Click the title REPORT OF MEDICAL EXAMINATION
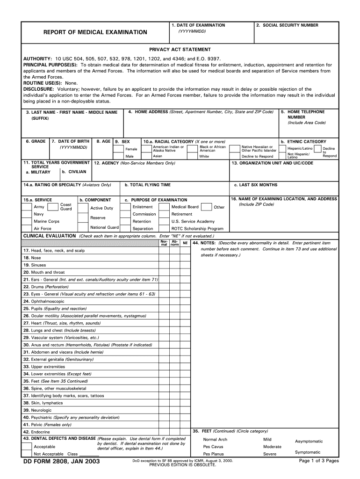click(x=95, y=32)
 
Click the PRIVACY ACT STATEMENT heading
click(x=180, y=50)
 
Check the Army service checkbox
click(x=27, y=207)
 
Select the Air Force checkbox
click(x=27, y=228)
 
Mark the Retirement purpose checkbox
click(x=164, y=214)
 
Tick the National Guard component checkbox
click(x=125, y=228)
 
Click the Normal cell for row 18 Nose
click(x=164, y=258)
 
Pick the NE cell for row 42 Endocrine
click(x=185, y=432)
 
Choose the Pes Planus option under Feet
click(x=213, y=454)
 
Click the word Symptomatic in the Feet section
click(x=308, y=452)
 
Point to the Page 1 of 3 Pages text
click(x=318, y=461)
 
